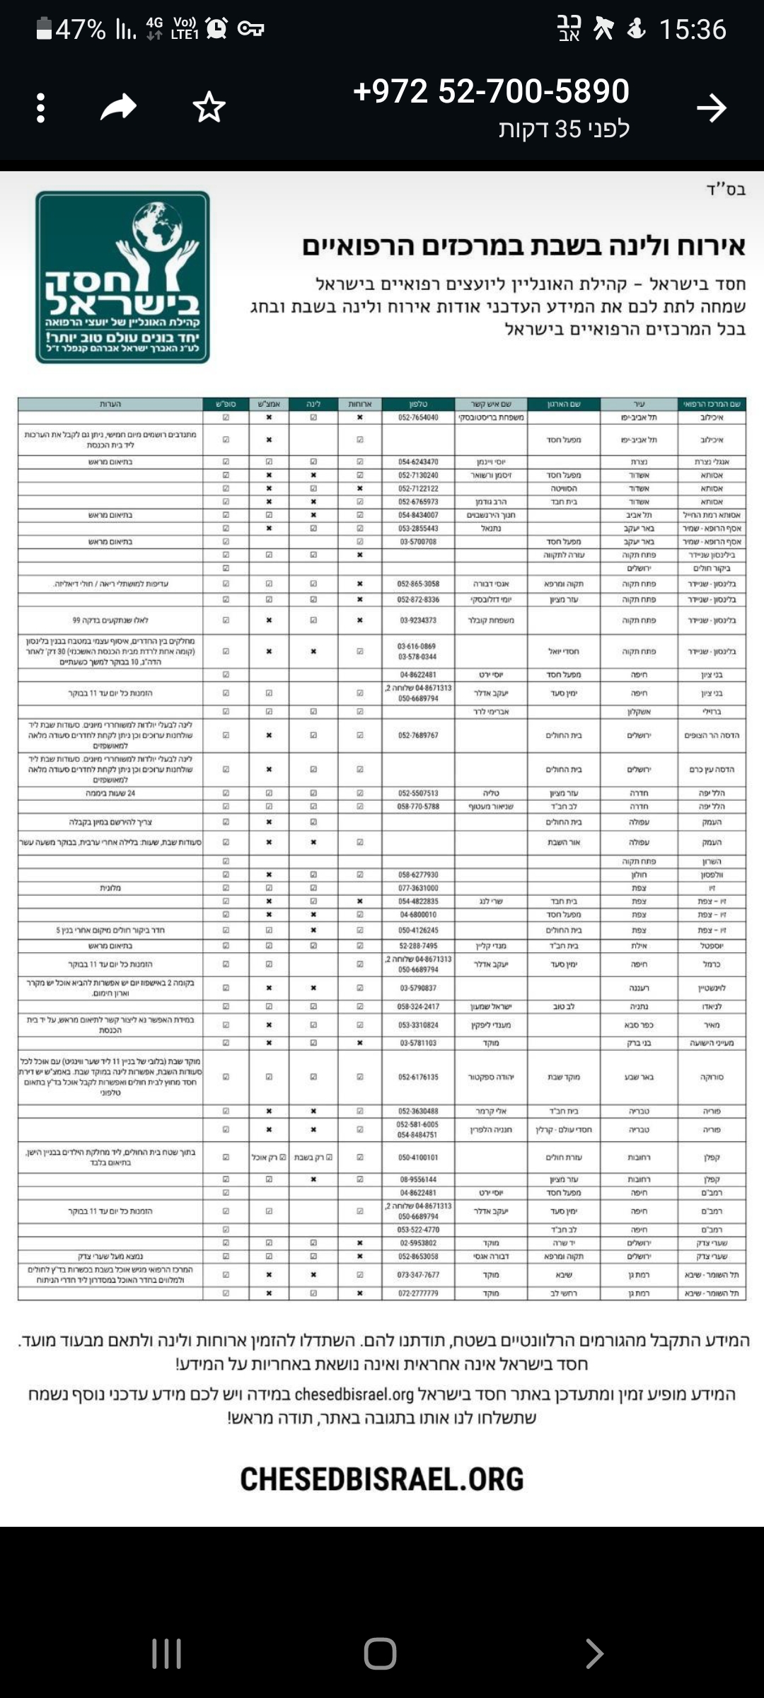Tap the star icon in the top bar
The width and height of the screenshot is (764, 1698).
coord(209,108)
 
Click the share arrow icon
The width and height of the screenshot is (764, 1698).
coord(118,108)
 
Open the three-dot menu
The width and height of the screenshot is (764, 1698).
coord(41,108)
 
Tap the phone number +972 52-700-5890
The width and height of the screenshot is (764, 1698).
coord(491,91)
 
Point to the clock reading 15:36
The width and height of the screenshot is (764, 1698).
coord(692,30)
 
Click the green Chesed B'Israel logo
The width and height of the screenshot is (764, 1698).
coord(123,277)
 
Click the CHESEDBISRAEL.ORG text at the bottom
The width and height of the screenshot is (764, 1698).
coord(382,1479)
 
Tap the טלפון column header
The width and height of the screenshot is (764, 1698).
coord(418,404)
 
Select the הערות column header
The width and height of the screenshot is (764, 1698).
coord(110,404)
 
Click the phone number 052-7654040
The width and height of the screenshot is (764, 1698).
coord(418,417)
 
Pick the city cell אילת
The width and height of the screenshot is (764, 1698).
coord(639,945)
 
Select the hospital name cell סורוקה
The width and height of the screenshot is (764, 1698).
coord(711,1077)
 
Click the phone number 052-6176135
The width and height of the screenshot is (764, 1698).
coord(418,1077)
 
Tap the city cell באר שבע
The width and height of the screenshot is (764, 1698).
coord(639,1077)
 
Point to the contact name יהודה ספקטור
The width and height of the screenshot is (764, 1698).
coord(491,1077)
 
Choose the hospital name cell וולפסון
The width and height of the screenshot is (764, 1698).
coord(711,874)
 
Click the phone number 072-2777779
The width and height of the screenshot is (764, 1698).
coord(418,1293)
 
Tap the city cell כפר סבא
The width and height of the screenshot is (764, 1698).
coord(639,1024)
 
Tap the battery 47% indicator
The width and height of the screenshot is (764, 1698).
coord(71,30)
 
